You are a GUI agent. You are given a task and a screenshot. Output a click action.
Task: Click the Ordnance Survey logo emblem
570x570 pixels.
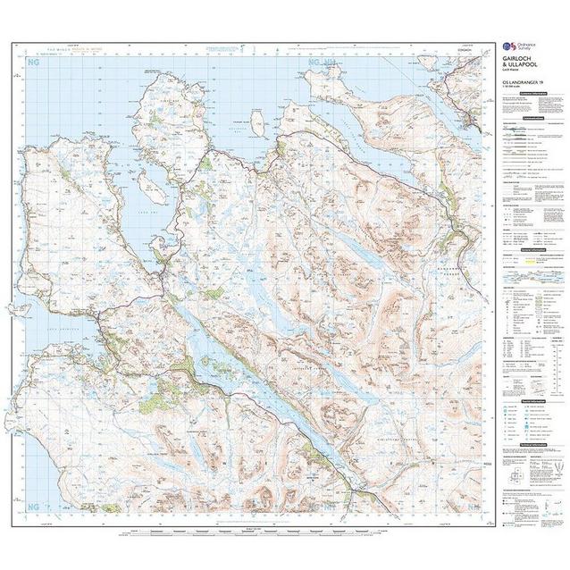coord(506,45)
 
